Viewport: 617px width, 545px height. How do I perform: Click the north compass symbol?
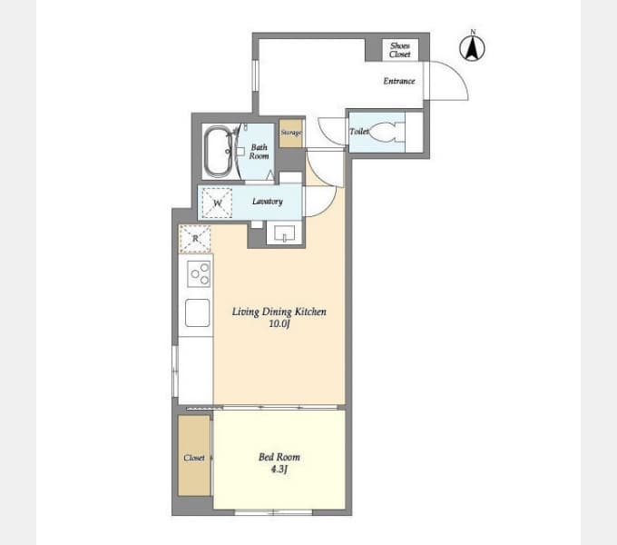pyautogui.click(x=472, y=46)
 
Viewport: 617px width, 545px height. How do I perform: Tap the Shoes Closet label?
pyautogui.click(x=400, y=50)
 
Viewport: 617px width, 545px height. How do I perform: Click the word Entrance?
pyautogui.click(x=399, y=81)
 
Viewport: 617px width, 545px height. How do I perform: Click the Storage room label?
pyautogui.click(x=291, y=133)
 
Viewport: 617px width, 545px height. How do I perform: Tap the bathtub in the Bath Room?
pyautogui.click(x=219, y=151)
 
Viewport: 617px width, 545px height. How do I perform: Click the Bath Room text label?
pyautogui.click(x=259, y=152)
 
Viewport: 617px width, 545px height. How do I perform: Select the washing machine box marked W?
pyautogui.click(x=217, y=203)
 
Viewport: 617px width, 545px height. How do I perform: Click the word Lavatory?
pyautogui.click(x=267, y=202)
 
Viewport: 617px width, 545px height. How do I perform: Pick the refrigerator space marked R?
pyautogui.click(x=195, y=239)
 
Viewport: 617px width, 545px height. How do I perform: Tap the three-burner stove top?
pyautogui.click(x=199, y=273)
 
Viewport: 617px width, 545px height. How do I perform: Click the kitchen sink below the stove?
pyautogui.click(x=198, y=312)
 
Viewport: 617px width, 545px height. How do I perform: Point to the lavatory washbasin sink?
pyautogui.click(x=285, y=233)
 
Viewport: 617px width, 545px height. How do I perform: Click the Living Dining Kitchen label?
pyautogui.click(x=279, y=312)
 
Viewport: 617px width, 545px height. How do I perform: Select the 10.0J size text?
pyautogui.click(x=279, y=323)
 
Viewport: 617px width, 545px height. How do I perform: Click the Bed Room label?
pyautogui.click(x=279, y=457)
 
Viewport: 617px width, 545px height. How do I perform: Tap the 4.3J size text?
pyautogui.click(x=279, y=469)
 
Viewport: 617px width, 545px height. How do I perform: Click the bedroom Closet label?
pyautogui.click(x=194, y=458)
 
